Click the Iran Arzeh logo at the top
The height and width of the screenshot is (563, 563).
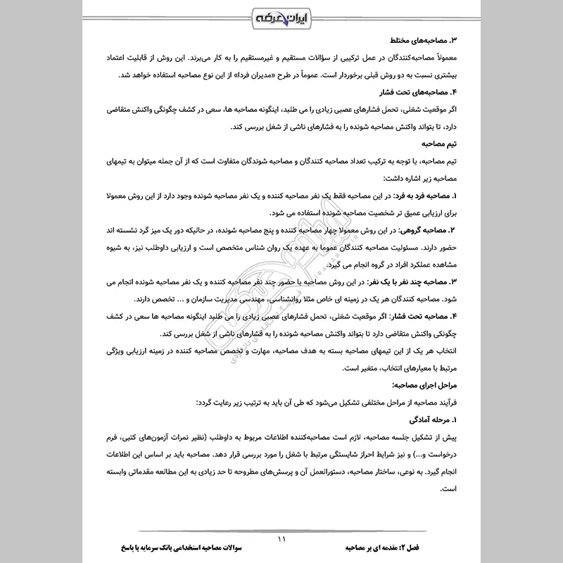click(x=281, y=17)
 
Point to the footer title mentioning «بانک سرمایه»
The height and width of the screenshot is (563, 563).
click(x=158, y=548)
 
